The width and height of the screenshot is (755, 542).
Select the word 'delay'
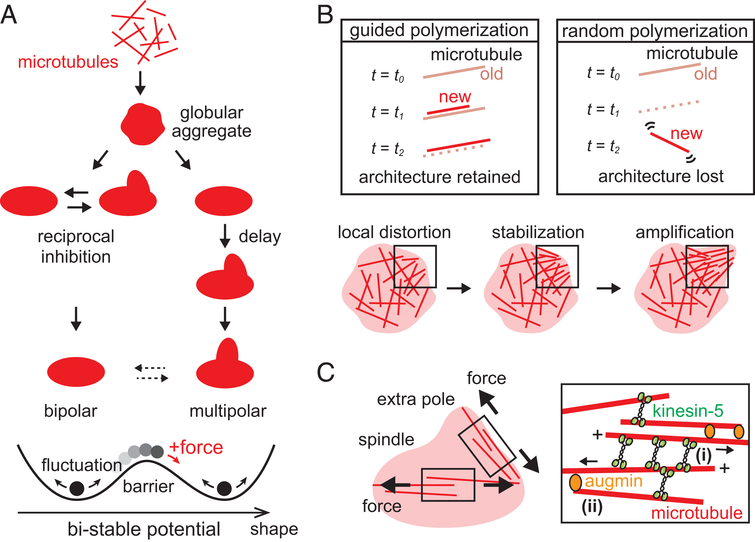260,237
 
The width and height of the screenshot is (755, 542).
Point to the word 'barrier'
148,486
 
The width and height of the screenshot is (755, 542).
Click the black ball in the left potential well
77,488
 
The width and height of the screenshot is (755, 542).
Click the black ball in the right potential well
224,488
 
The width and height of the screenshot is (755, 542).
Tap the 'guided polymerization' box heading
439,30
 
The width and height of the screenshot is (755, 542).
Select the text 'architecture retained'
439,177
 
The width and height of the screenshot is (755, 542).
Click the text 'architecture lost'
661,176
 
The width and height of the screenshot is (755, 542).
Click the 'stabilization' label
538,232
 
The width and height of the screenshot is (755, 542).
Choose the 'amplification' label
685,232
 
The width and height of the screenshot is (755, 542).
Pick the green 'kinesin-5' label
688,410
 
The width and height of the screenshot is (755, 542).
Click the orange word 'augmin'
614,481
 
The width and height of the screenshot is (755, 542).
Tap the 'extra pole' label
416,399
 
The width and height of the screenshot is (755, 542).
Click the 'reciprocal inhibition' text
76,246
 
